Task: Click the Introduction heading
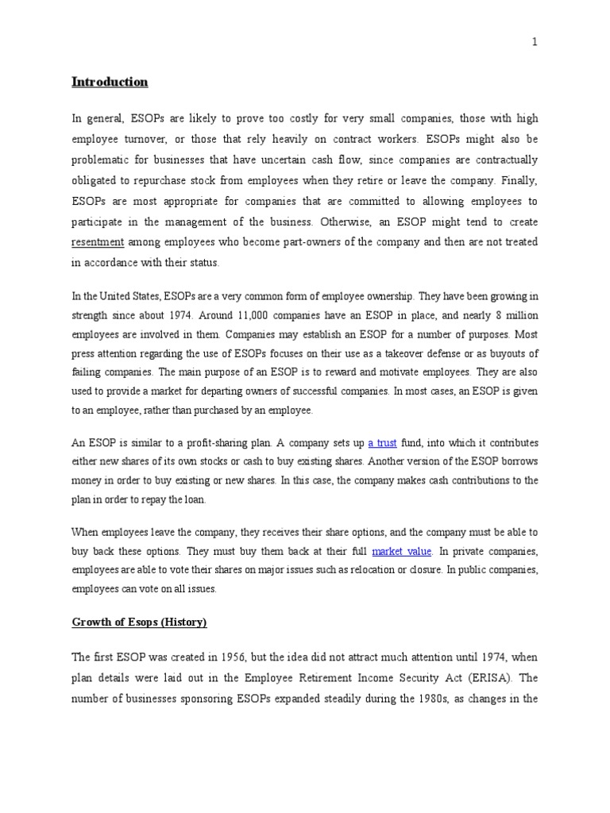coord(110,82)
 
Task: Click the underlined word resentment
coord(98,242)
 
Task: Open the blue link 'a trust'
coord(382,443)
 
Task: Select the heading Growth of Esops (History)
coord(139,622)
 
